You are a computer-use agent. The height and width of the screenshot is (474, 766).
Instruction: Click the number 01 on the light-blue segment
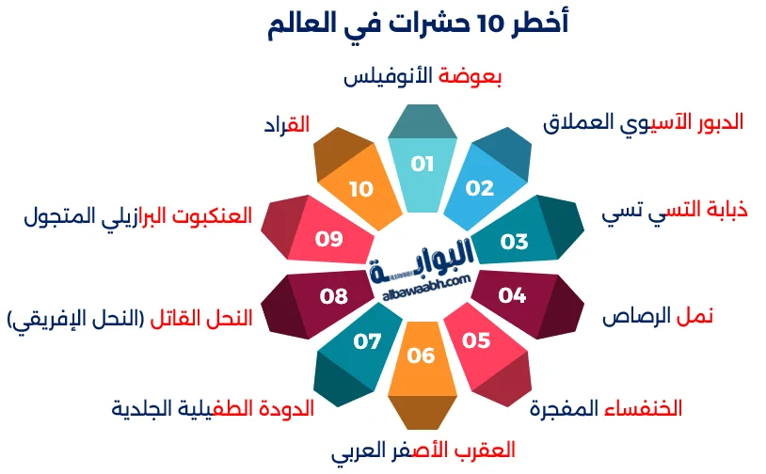pos(423,165)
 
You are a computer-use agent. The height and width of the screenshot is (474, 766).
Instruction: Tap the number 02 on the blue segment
pos(479,188)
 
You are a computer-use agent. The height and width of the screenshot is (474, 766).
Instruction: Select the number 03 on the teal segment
pos(514,242)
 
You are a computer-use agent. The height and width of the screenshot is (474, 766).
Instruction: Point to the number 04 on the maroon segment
pos(512,296)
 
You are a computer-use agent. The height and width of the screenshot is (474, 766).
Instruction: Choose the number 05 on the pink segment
pos(477,340)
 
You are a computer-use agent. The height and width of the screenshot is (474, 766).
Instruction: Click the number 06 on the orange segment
pos(422,355)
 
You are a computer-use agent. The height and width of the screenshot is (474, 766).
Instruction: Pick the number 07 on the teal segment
pos(367,340)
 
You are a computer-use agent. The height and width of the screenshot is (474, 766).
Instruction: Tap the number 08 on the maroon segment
pos(333,296)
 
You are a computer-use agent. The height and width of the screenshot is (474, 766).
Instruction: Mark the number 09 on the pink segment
pos(328,239)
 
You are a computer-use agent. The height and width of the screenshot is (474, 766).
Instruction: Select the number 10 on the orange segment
pos(361,189)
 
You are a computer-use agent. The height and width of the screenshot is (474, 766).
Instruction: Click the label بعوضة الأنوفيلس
pos(422,77)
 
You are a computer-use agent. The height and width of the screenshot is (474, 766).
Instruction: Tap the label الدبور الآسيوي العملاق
pos(644,122)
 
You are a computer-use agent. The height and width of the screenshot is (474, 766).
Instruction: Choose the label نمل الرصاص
pos(658,316)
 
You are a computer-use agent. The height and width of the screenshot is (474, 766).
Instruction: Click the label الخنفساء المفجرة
pos(605,409)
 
